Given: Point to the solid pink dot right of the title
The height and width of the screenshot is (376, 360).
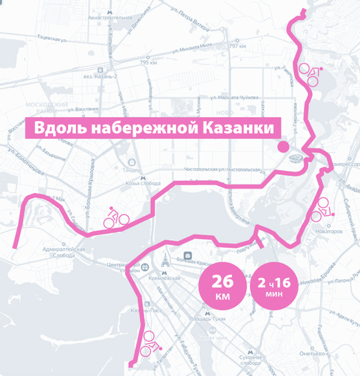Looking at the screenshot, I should pyautogui.click(x=283, y=147).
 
